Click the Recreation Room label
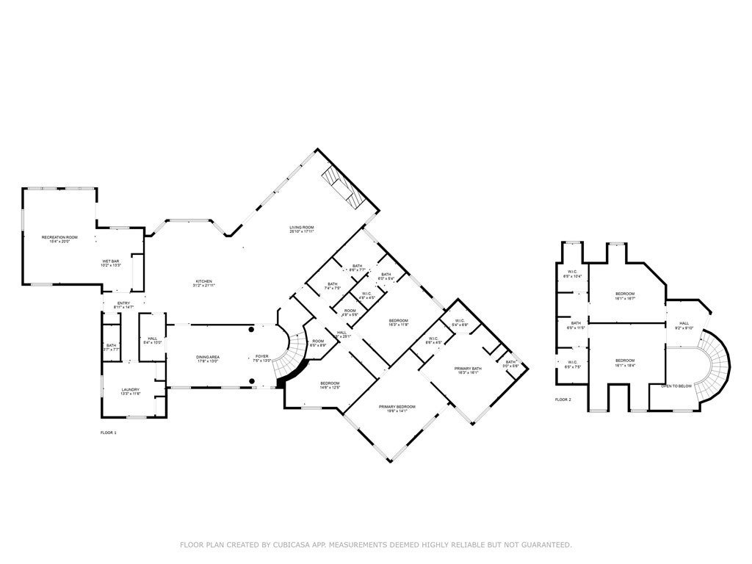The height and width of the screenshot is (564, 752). click(59, 239)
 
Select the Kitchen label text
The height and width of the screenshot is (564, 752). click(203, 283)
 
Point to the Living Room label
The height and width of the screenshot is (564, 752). click(302, 230)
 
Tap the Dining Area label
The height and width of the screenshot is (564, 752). click(208, 359)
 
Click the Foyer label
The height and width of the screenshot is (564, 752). click(262, 359)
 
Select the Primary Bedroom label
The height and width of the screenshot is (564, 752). click(397, 408)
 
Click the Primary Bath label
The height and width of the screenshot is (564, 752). click(467, 370)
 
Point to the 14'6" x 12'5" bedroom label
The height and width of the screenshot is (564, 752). click(329, 385)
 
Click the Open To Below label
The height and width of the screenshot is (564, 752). click(676, 386)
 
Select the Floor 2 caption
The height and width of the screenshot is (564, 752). click(563, 399)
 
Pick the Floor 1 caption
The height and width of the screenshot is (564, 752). click(108, 433)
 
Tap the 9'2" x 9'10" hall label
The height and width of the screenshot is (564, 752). click(684, 325)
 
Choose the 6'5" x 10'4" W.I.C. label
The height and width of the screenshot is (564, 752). click(573, 275)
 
